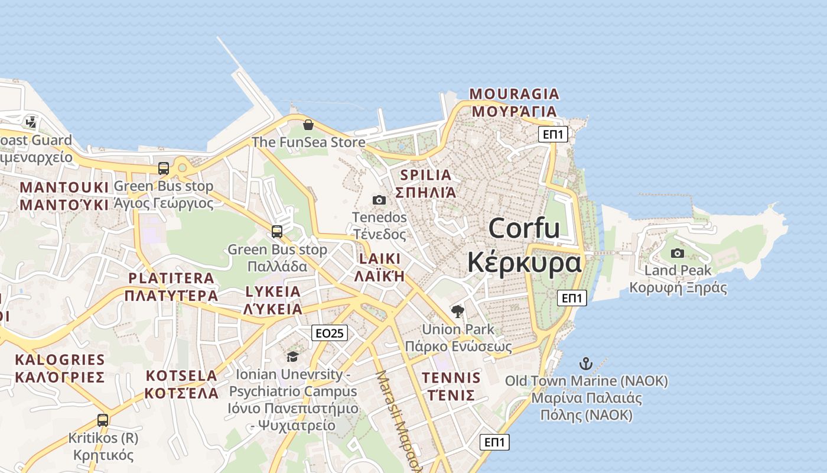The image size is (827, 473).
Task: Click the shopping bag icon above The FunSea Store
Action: pyautogui.click(x=308, y=125)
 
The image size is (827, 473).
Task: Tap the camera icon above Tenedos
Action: pyautogui.click(x=379, y=200)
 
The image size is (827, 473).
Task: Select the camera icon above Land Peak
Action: pyautogui.click(x=678, y=253)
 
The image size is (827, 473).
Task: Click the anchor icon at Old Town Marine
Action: pyautogui.click(x=585, y=363)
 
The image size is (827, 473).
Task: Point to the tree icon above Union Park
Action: pyautogui.click(x=457, y=312)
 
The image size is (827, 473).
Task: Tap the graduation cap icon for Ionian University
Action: pyautogui.click(x=292, y=357)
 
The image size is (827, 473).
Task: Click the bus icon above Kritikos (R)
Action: pyautogui.click(x=103, y=420)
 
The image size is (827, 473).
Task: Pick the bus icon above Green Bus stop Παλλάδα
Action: pyautogui.click(x=277, y=232)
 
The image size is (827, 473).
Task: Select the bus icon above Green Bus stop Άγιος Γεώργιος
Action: pyautogui.click(x=164, y=169)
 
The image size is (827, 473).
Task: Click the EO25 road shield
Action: pyautogui.click(x=330, y=333)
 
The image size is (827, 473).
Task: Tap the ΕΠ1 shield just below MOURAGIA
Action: pyautogui.click(x=553, y=135)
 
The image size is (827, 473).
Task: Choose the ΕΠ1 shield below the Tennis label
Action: pyautogui.click(x=494, y=442)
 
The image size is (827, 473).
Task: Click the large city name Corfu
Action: pyautogui.click(x=524, y=228)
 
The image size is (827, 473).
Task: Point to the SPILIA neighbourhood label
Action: pyautogui.click(x=425, y=175)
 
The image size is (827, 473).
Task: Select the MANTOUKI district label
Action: pyautogui.click(x=64, y=187)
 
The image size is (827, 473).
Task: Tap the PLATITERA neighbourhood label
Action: pyautogui.click(x=171, y=278)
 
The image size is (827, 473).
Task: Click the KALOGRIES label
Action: pyautogui.click(x=60, y=360)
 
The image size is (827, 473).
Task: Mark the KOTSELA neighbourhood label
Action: pyautogui.click(x=181, y=375)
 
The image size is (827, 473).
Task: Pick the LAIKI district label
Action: pyautogui.click(x=379, y=259)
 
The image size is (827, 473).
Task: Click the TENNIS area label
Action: pyautogui.click(x=451, y=378)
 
